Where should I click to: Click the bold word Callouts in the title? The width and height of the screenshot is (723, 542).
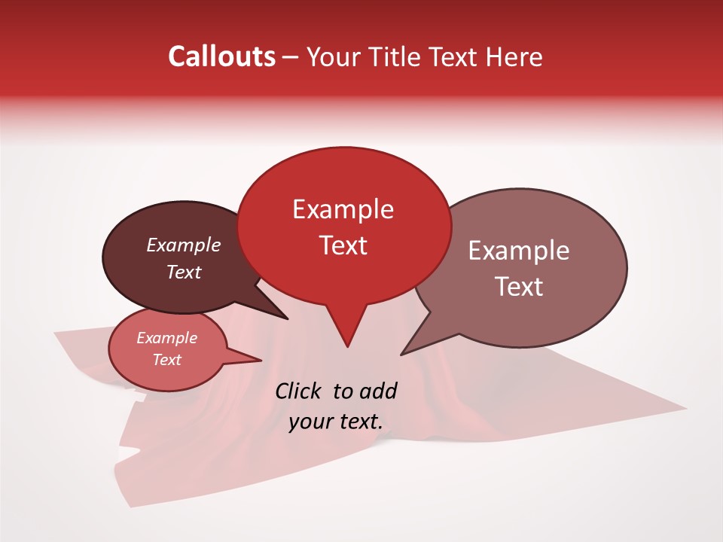221,56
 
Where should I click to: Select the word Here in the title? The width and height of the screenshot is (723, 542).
514,57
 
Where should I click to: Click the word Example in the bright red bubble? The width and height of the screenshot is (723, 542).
343,209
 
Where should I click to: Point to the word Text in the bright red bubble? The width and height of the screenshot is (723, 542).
343,245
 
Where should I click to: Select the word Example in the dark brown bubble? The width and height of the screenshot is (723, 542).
183,245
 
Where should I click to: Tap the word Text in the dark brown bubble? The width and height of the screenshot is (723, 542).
183,272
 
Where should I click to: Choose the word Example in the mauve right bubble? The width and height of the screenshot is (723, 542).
519,251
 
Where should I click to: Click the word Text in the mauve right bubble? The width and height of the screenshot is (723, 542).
519,287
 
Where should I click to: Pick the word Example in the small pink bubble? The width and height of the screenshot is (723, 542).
166,338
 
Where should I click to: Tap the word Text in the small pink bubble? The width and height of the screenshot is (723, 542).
166,360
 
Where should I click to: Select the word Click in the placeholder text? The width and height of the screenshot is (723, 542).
299,391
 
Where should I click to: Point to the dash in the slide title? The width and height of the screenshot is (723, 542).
291,57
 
